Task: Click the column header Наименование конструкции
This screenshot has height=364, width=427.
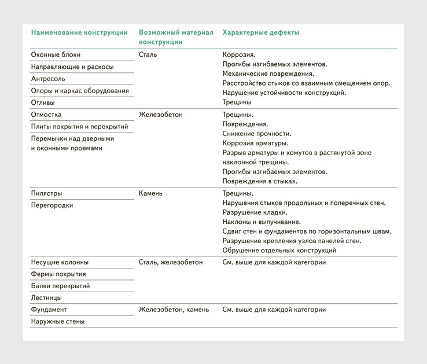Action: pyautogui.click(x=79, y=33)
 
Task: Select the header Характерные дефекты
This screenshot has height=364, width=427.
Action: pyautogui.click(x=261, y=33)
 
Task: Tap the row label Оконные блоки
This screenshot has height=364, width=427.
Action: pyautogui.click(x=56, y=55)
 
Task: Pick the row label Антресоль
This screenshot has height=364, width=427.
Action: pyautogui.click(x=48, y=79)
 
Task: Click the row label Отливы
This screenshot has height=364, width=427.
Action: pyautogui.click(x=45, y=102)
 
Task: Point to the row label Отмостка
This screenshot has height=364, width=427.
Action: pyautogui.click(x=46, y=115)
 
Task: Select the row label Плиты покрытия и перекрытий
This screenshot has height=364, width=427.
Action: pyautogui.click(x=79, y=127)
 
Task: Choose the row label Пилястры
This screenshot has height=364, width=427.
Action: pyautogui.click(x=46, y=193)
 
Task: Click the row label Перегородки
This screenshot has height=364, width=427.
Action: pyautogui.click(x=52, y=205)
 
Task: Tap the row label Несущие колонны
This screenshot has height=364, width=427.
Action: pyautogui.click(x=60, y=262)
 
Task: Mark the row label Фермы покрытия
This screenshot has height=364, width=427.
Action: pyautogui.click(x=58, y=274)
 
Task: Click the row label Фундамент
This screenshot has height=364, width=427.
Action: pyautogui.click(x=49, y=310)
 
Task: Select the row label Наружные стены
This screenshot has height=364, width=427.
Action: pyautogui.click(x=57, y=322)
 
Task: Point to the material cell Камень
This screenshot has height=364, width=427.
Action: pyautogui.click(x=150, y=193)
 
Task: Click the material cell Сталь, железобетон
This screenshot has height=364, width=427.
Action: pyautogui.click(x=171, y=262)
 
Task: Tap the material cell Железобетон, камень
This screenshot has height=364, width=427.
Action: pyautogui.click(x=174, y=310)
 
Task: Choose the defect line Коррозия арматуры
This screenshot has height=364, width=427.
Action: pyautogui.click(x=255, y=143)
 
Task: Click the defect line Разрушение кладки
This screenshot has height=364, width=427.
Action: pyautogui.click(x=255, y=212)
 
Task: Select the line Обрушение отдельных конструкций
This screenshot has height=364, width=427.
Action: pyautogui.click(x=279, y=251)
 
